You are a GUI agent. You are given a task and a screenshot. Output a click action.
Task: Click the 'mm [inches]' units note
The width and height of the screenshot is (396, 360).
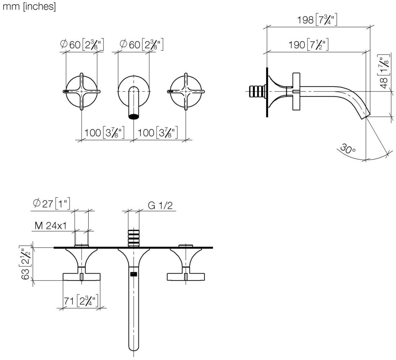tap(29, 7)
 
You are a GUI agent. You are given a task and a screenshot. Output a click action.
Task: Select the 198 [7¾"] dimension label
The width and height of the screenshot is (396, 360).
tap(317, 20)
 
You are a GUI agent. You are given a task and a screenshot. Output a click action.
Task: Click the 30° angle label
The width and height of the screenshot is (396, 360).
tap(348, 149)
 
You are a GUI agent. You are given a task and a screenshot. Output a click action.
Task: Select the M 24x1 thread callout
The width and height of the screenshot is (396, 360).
tap(50, 226)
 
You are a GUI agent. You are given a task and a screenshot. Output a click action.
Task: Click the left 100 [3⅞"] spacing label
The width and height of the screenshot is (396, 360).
tap(104, 133)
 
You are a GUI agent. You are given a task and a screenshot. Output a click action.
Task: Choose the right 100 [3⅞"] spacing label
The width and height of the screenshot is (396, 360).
tap(158, 133)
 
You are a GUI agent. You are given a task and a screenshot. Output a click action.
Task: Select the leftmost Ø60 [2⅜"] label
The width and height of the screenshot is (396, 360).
tap(82, 45)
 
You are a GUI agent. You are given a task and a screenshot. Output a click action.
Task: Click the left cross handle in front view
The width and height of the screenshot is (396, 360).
tap(81, 92)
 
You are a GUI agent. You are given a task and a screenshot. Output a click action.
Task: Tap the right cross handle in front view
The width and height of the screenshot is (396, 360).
tap(186, 92)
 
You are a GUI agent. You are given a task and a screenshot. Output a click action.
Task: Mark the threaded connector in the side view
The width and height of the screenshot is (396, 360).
tap(257, 91)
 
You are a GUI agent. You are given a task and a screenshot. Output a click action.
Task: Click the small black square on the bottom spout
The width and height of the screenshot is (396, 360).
tap(134, 274)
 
